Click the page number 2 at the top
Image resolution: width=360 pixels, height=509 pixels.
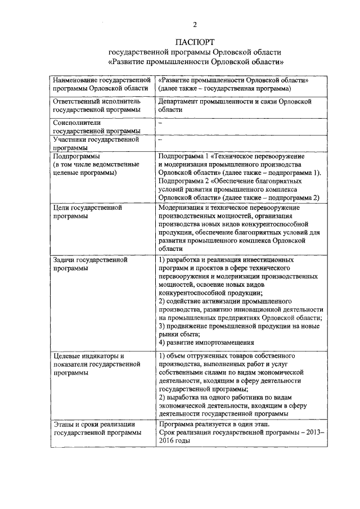click(x=195, y=24)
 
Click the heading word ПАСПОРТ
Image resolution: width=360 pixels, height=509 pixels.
click(x=195, y=42)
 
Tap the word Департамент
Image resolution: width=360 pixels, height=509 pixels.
click(x=181, y=102)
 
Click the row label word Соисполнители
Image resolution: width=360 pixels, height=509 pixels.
click(x=76, y=123)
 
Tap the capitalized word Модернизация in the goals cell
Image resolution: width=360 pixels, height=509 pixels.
click(x=183, y=208)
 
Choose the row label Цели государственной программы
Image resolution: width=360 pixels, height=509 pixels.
click(x=87, y=211)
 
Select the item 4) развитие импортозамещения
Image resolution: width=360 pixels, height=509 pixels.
click(x=207, y=342)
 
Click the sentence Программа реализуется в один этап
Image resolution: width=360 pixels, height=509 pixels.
click(x=214, y=424)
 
